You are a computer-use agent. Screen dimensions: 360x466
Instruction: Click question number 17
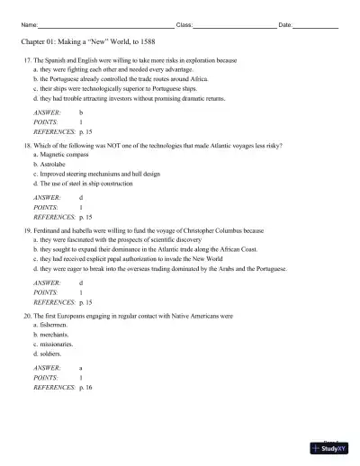pyautogui.click(x=27, y=60)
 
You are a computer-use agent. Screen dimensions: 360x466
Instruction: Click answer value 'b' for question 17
pyautogui.click(x=81, y=112)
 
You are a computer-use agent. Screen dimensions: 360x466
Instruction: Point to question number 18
pyautogui.click(x=27, y=146)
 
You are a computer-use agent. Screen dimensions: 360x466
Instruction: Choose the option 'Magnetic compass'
pyautogui.click(x=64, y=154)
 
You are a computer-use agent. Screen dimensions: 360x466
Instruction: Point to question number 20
pyautogui.click(x=27, y=317)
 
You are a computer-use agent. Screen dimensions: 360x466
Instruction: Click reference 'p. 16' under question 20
pyautogui.click(x=86, y=387)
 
